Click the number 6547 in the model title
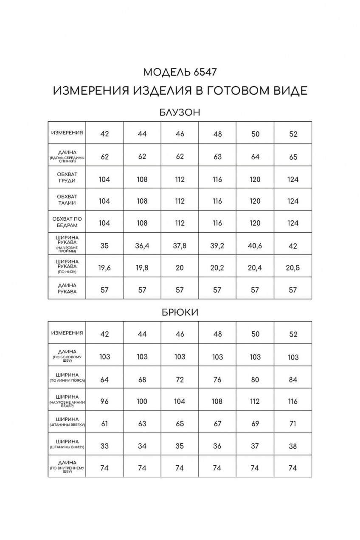[205, 72]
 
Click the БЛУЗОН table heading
[180, 112]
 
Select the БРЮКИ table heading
[180, 312]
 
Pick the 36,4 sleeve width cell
[142, 246]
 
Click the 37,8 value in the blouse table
[180, 246]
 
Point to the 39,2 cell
[217, 246]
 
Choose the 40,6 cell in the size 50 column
[255, 246]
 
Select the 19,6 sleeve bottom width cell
[104, 267]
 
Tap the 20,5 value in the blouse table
[292, 267]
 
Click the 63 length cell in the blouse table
[217, 157]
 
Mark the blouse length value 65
[292, 157]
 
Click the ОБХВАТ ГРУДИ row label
[67, 177]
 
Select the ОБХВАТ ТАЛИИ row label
[67, 200]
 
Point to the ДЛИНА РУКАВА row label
[67, 288]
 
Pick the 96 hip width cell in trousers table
[104, 401]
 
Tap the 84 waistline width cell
[292, 380]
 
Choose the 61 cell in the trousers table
[104, 424]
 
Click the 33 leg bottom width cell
[104, 446]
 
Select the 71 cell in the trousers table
[292, 424]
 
